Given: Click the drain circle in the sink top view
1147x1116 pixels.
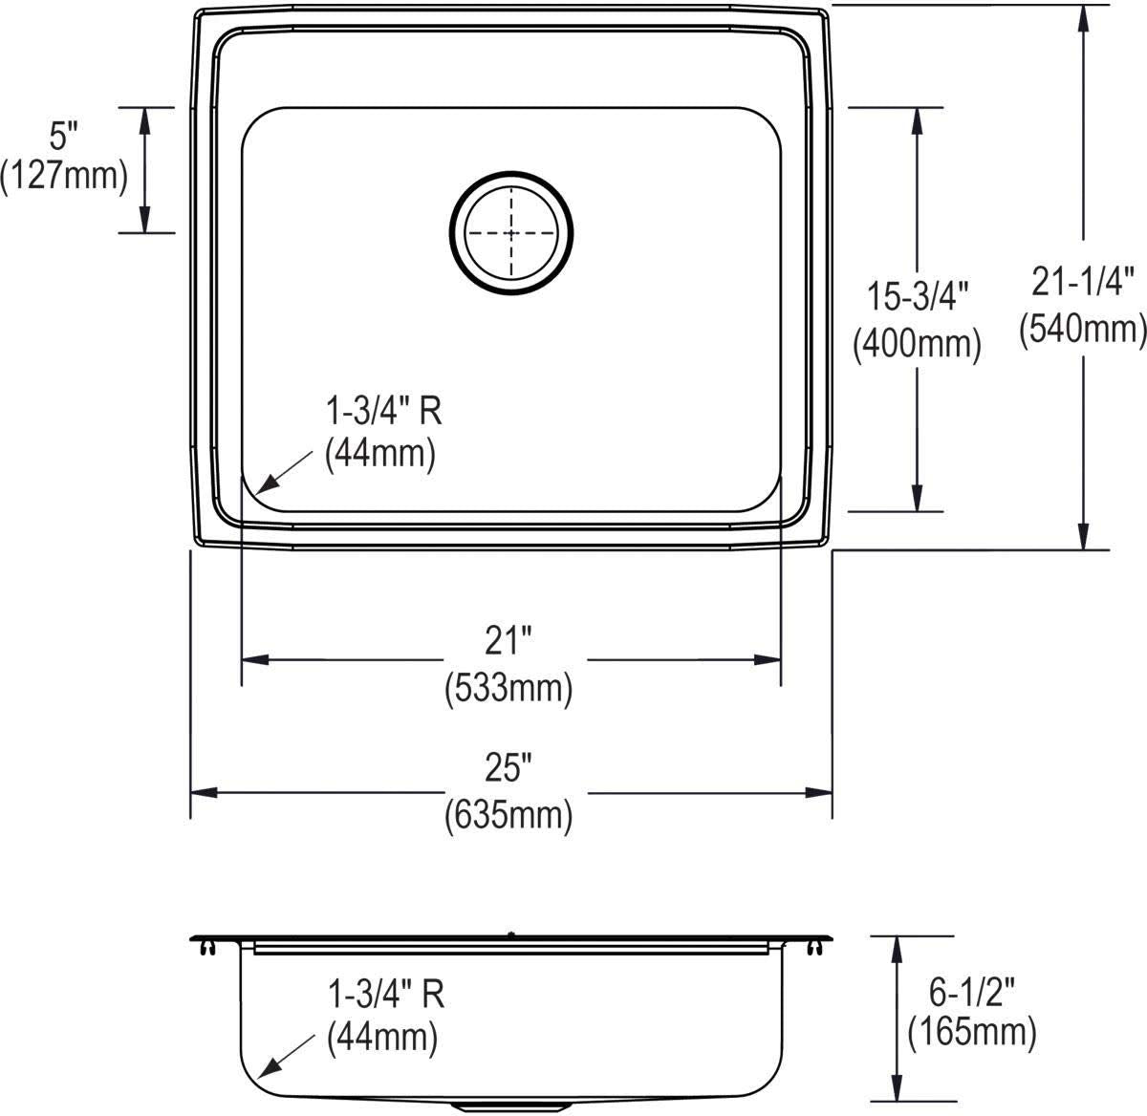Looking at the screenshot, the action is (511, 178).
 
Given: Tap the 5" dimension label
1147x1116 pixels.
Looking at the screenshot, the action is (64, 136).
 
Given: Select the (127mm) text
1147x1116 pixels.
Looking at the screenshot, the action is (64, 176).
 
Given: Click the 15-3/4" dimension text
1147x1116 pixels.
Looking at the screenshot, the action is (918, 296).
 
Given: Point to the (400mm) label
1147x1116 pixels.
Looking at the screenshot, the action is (918, 344).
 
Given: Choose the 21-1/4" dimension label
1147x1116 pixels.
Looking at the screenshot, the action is (1083, 281).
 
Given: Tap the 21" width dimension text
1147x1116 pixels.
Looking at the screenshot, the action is (509, 640).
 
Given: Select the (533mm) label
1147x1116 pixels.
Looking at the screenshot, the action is (509, 688).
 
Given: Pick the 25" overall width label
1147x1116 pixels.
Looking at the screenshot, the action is (509, 768).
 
